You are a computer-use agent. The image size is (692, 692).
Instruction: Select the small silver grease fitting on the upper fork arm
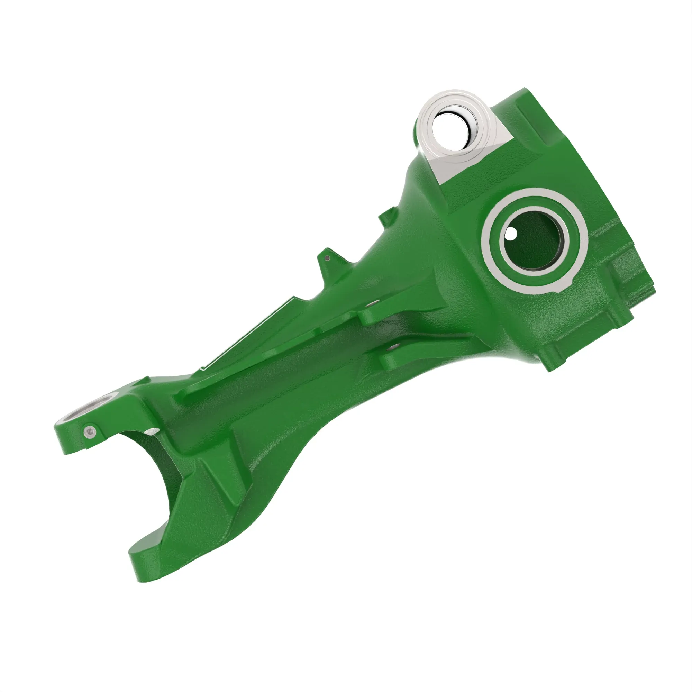pyautogui.click(x=90, y=433)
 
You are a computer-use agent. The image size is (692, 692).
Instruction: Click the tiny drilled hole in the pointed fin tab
pyautogui.click(x=327, y=258)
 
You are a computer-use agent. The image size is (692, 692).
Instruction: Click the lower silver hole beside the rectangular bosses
pyautogui.click(x=394, y=346)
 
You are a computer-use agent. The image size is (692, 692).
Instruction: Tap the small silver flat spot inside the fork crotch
pyautogui.click(x=152, y=431)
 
